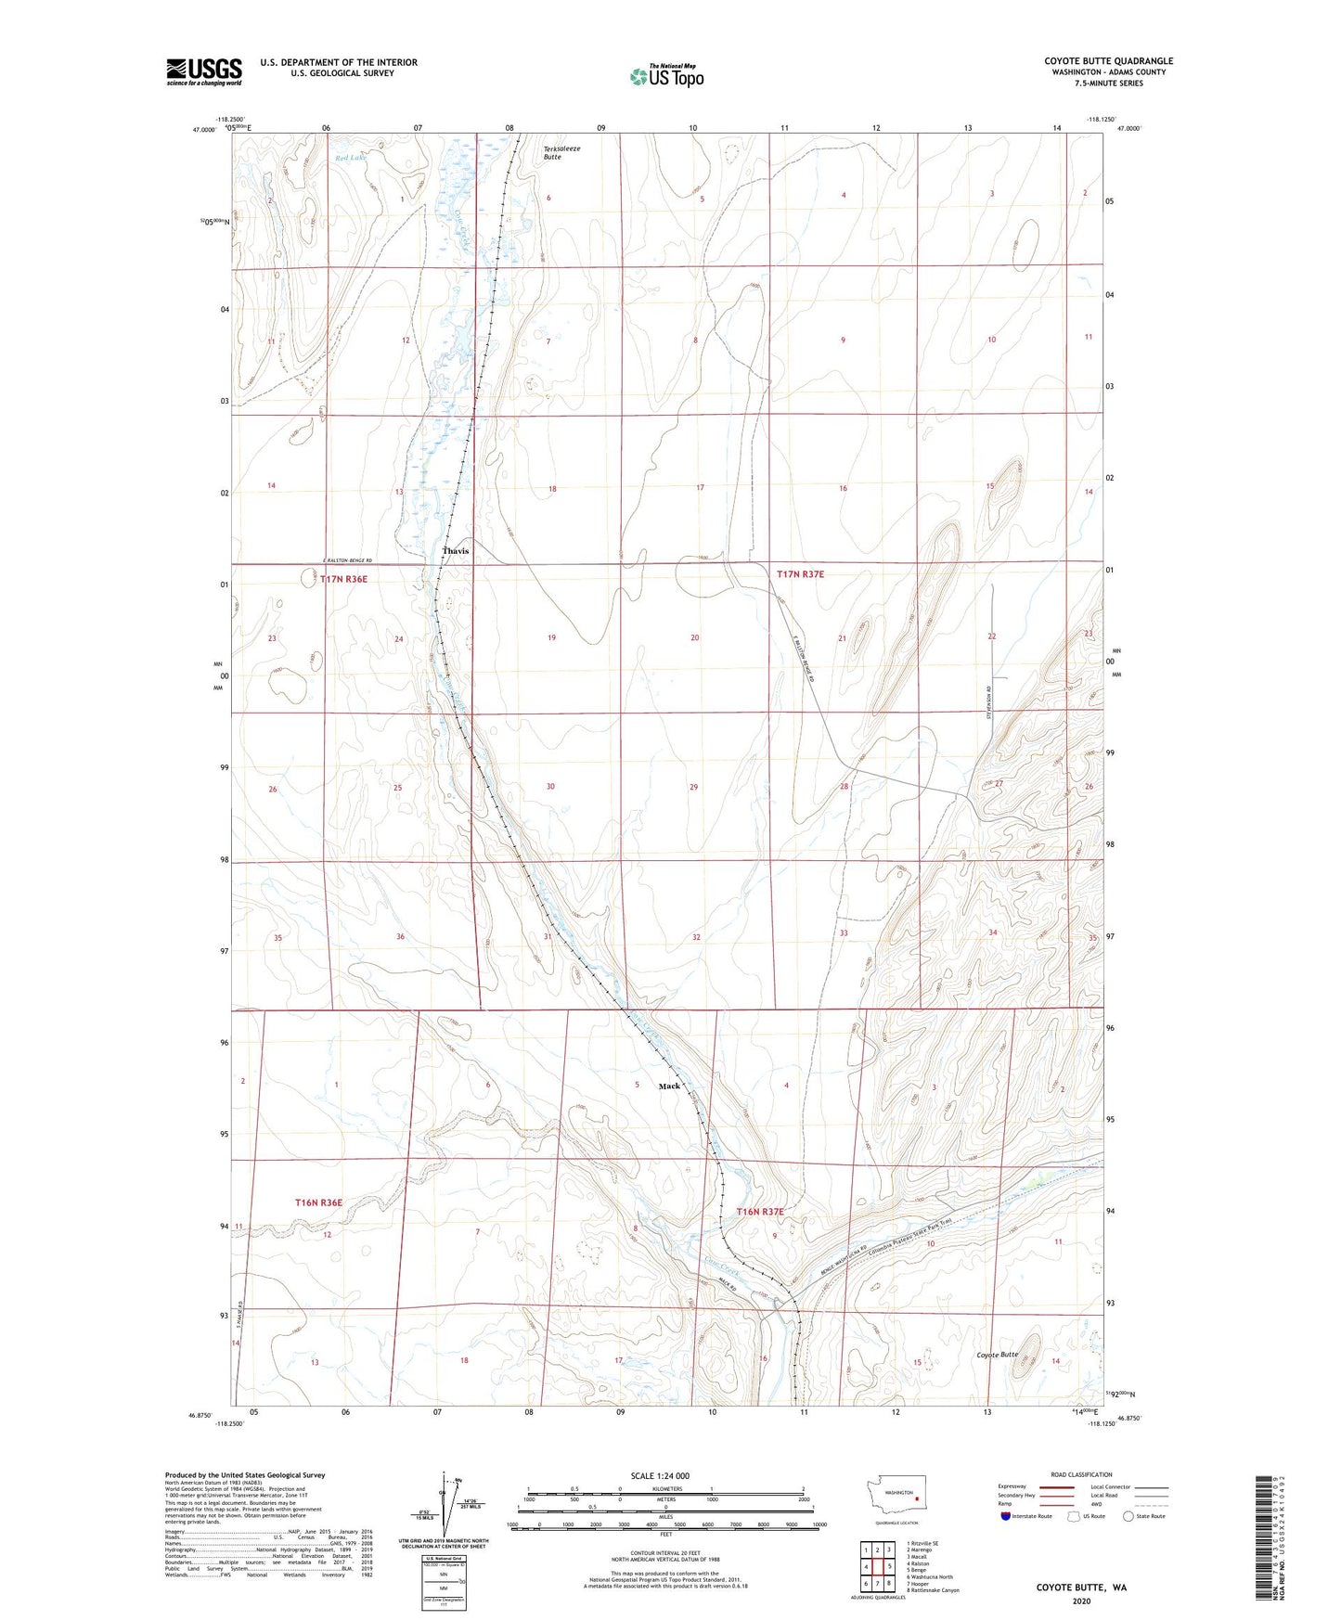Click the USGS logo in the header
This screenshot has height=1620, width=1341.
coord(203,71)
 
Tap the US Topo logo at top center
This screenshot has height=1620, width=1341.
coord(666,75)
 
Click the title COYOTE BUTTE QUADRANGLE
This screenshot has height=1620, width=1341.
coord(1108,61)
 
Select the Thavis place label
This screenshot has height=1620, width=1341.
coord(456,551)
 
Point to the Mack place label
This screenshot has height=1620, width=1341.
coord(669,1086)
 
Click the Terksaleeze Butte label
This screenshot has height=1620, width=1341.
coord(553,153)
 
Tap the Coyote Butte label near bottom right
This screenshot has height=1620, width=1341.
coord(998,1355)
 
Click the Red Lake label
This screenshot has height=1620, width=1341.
coord(351,158)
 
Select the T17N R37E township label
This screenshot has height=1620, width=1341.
coord(800,574)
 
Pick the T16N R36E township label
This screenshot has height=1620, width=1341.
coord(318,1202)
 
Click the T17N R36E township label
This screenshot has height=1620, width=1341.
coord(343,579)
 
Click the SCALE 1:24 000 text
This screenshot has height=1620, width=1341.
coord(660,1475)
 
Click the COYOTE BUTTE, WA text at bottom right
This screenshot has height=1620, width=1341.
coord(1081,1588)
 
